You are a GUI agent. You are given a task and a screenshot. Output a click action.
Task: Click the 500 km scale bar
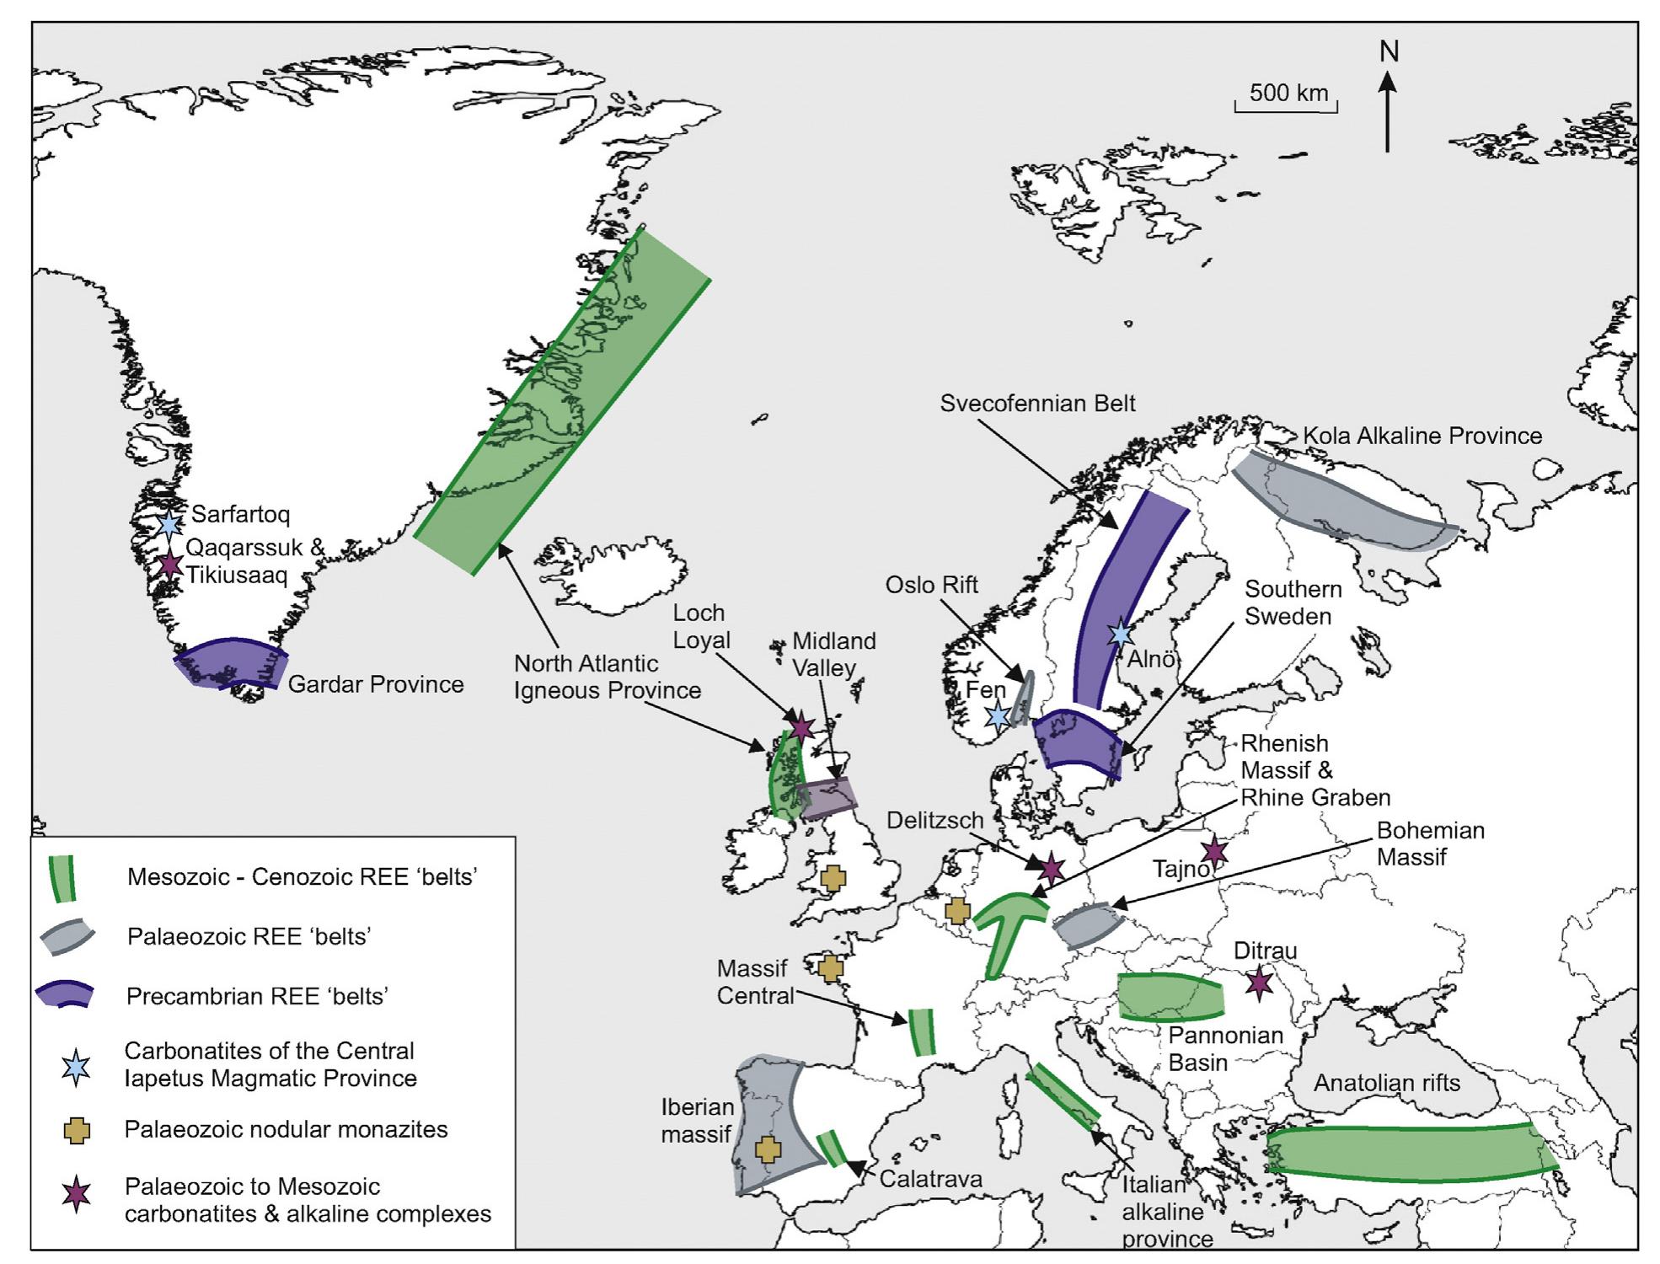[x=1286, y=107]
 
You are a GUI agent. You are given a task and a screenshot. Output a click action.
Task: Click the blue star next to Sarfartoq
[x=169, y=525]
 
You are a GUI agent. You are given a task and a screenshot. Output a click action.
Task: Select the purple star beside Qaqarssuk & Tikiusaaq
[x=170, y=563]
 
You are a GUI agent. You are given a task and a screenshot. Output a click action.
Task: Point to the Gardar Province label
[x=376, y=683]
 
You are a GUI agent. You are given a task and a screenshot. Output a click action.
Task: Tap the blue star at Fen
[x=998, y=715]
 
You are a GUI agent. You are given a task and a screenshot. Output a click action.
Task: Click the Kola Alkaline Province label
[x=1422, y=436]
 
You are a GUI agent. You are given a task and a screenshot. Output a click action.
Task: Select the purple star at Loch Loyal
[x=800, y=726]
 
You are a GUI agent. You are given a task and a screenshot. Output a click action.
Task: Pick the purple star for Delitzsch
[x=1051, y=867]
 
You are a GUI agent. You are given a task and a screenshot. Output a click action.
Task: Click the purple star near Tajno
[x=1214, y=851]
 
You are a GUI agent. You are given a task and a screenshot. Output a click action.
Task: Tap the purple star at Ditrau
[x=1259, y=982]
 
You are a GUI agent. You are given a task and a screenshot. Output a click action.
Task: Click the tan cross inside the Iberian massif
[x=768, y=1149]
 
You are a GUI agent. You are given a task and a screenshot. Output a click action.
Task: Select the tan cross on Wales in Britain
[x=833, y=878]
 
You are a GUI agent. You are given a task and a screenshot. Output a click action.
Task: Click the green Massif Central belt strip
[x=922, y=1032]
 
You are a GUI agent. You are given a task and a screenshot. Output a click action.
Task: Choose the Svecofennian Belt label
[x=1037, y=403]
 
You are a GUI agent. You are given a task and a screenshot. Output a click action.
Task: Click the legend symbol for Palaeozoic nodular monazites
[x=77, y=1131]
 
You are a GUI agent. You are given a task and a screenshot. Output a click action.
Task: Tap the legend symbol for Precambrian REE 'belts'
[x=65, y=994]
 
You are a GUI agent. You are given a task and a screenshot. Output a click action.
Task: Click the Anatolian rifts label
[x=1387, y=1083]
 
